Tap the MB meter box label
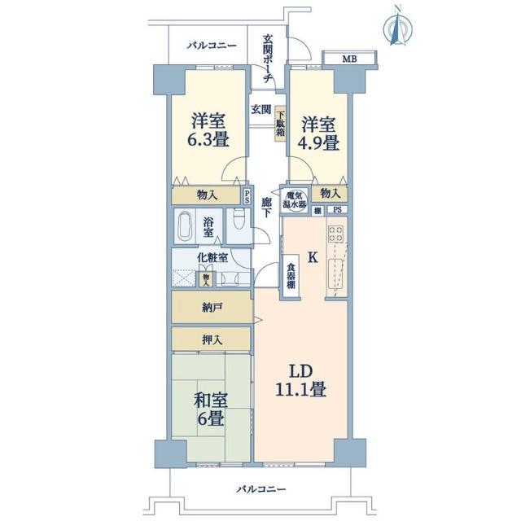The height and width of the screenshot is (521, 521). click(x=348, y=59)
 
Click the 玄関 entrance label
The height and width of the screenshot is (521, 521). click(x=260, y=108)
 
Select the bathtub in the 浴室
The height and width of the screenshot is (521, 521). click(x=185, y=225)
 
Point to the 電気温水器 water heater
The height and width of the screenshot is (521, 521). click(x=295, y=199)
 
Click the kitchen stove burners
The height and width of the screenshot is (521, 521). click(x=335, y=235)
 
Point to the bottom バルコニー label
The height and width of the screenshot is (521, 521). click(x=261, y=488)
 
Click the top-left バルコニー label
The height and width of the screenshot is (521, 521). click(x=209, y=46)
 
